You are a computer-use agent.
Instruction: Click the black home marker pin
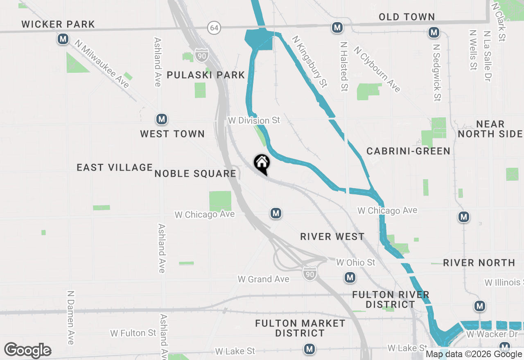coord(262,164)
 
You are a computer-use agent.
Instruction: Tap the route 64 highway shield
coord(213,28)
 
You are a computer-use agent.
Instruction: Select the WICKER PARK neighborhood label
coord(58,24)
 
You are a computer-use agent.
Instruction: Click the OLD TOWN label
coord(407,17)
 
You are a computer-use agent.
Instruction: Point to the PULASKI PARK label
coord(206,75)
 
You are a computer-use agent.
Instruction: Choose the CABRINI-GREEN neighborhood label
coord(408,151)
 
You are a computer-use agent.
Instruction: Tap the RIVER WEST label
coord(332,236)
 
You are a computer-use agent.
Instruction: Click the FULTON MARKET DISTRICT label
coord(300,328)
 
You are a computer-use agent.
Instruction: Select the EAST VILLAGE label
coord(115,167)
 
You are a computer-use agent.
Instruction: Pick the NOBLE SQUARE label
coord(195,173)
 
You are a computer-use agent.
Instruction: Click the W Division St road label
coord(254,120)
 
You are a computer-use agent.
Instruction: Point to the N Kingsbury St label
coord(309,61)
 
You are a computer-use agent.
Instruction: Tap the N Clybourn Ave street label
coord(377,69)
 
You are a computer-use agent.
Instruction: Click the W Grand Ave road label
coord(264,279)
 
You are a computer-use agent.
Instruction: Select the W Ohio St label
coord(355,262)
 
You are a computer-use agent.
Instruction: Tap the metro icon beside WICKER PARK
coord(63,39)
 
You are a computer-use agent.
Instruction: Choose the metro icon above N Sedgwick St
coord(434,32)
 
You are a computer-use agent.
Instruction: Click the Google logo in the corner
coord(27,351)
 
